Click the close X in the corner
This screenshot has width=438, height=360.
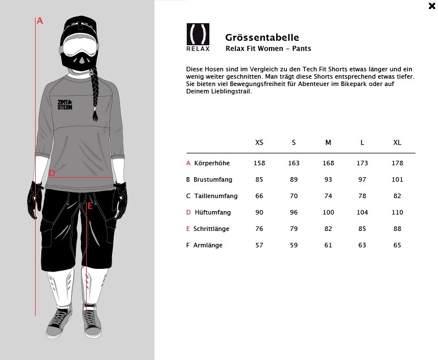point(432,6)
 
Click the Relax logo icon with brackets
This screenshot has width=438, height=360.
point(197,34)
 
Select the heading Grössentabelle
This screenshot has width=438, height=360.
point(262,37)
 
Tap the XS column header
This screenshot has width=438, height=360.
point(259,142)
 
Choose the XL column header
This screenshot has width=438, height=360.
point(397,142)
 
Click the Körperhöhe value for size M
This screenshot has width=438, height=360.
point(328,163)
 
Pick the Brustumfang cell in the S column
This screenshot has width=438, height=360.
point(294,179)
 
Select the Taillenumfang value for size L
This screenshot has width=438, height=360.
point(362,196)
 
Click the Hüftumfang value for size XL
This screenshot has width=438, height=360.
point(397,212)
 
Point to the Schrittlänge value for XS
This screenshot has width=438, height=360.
point(259,229)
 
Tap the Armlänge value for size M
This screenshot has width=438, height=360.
point(328,245)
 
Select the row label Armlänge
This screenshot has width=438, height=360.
point(208,245)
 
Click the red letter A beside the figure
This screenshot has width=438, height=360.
point(40,21)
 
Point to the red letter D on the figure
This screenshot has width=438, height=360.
point(52,173)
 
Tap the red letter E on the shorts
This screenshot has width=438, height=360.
point(90,206)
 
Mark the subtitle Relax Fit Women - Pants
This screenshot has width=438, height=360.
point(268,49)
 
